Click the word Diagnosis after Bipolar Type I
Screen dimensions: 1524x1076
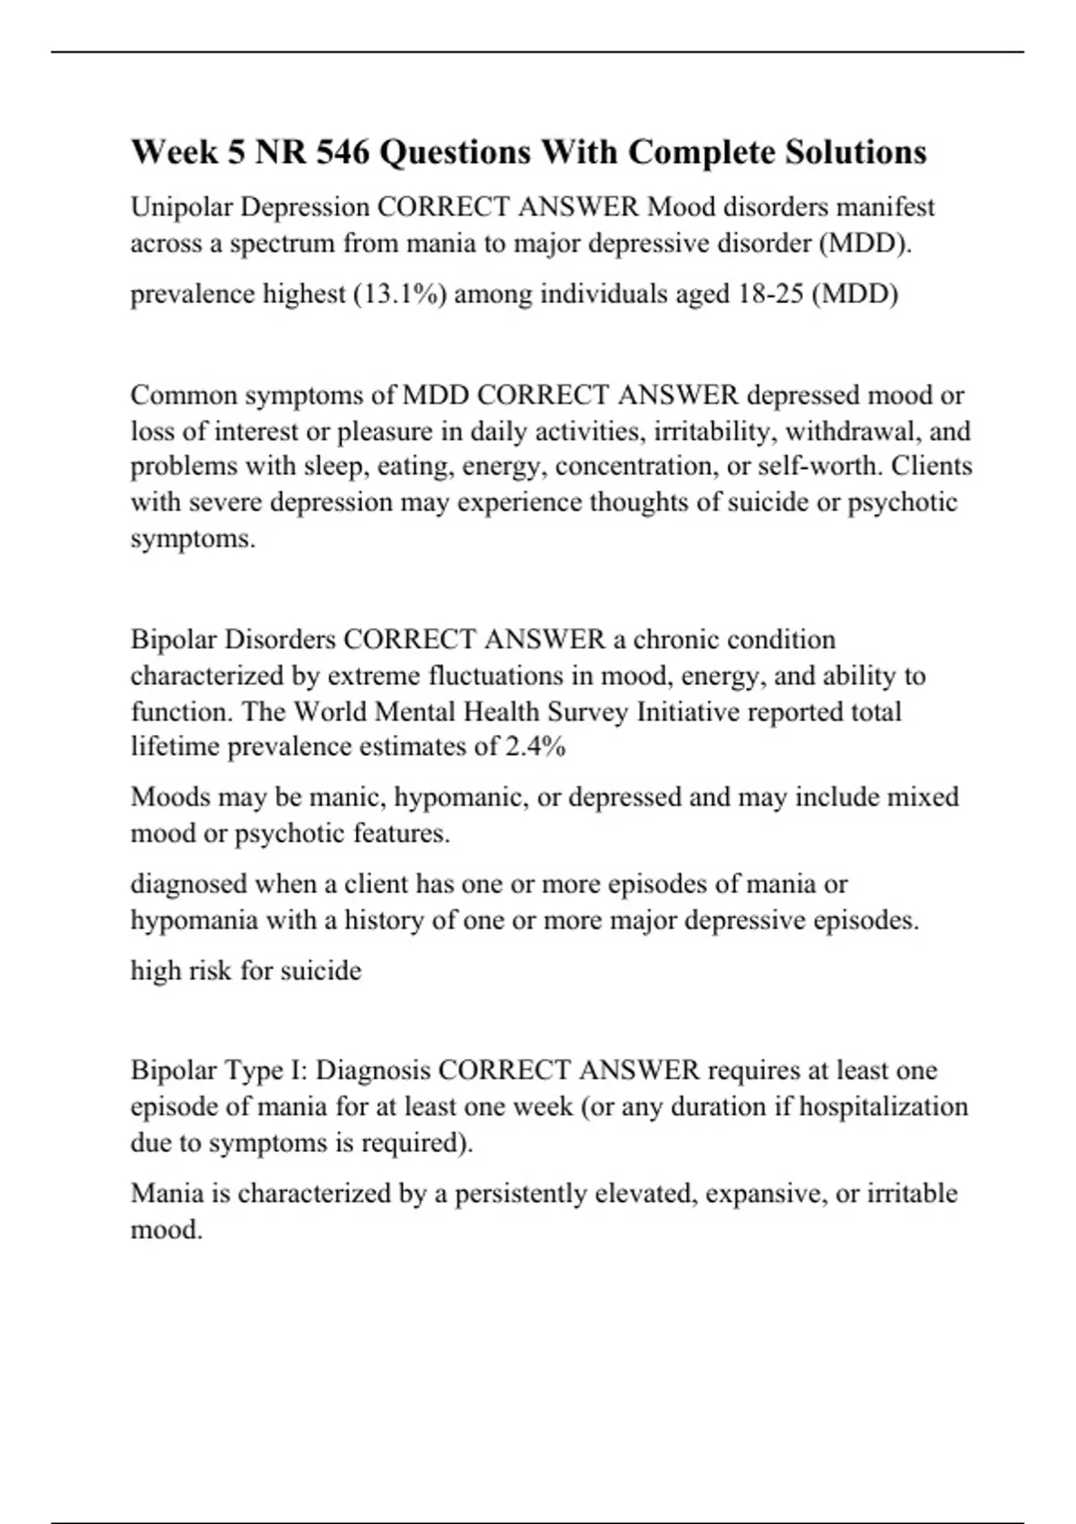[x=374, y=1071]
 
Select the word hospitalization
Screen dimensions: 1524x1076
[x=883, y=1107]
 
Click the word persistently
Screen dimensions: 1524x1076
[x=520, y=1194]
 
